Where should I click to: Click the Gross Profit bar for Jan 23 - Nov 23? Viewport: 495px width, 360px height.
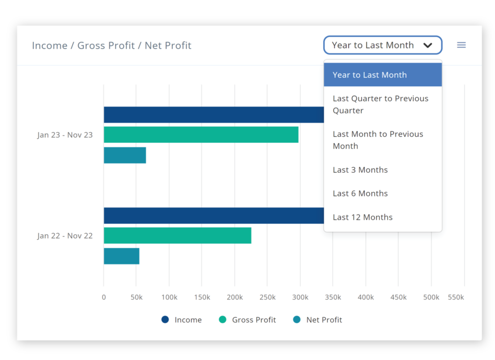tap(201, 135)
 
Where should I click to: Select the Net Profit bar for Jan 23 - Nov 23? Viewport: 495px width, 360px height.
tap(125, 155)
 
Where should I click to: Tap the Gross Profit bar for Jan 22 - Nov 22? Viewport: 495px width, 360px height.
tap(177, 236)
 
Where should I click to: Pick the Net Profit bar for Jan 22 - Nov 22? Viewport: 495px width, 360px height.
tap(121, 256)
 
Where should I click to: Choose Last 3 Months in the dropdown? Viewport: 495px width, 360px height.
tap(360, 170)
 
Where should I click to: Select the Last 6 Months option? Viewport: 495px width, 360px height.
tap(360, 193)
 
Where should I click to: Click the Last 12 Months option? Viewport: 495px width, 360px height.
tap(362, 217)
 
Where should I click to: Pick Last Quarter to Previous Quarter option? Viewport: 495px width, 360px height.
tap(380, 105)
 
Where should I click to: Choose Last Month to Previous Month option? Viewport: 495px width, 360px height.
tap(378, 140)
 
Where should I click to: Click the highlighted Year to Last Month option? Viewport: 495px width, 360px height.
tap(370, 75)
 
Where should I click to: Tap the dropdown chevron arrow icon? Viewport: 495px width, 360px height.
tap(428, 45)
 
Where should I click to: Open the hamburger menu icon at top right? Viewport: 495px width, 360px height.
tap(461, 45)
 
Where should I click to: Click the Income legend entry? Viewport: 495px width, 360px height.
tap(182, 320)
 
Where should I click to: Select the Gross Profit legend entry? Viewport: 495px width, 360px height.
tap(247, 320)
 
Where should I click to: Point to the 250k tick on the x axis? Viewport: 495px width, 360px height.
tap(267, 297)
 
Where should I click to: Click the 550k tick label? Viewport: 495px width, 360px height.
tap(456, 297)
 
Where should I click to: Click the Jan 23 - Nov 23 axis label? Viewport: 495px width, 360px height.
tap(65, 135)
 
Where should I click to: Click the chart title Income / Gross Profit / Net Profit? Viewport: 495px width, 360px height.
tap(112, 45)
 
